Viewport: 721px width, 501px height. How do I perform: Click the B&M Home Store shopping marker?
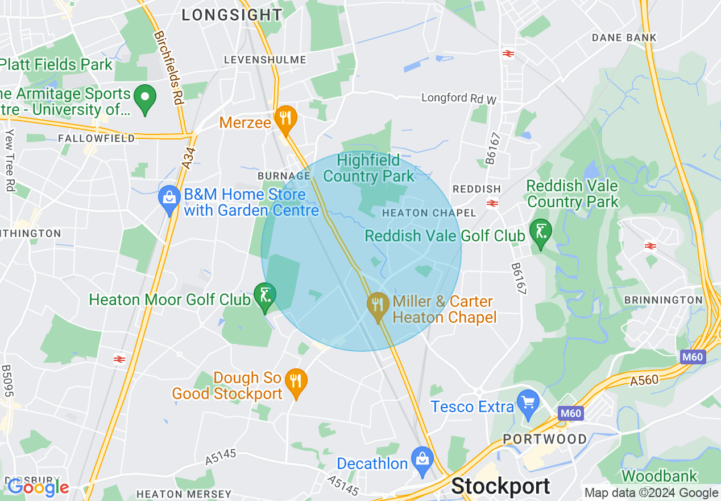pyautogui.click(x=169, y=199)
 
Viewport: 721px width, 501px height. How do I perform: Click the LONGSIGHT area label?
pyautogui.click(x=232, y=15)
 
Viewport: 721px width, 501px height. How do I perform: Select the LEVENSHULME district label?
pyautogui.click(x=265, y=60)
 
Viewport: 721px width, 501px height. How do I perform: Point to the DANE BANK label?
pyautogui.click(x=624, y=38)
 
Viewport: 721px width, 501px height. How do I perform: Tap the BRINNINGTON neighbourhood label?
pyautogui.click(x=663, y=300)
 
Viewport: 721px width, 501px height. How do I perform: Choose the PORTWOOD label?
pyautogui.click(x=545, y=439)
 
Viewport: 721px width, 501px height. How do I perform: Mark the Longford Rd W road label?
pyautogui.click(x=459, y=98)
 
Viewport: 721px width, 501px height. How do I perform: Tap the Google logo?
pyautogui.click(x=38, y=487)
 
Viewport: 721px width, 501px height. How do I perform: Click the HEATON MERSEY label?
pyautogui.click(x=184, y=494)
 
